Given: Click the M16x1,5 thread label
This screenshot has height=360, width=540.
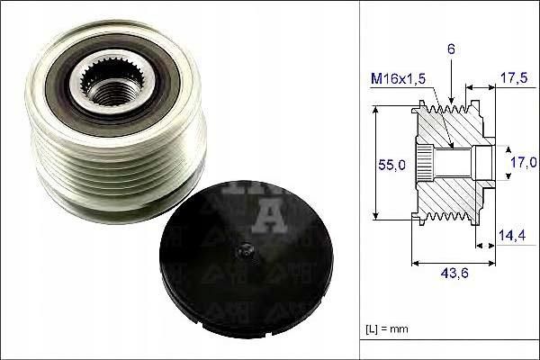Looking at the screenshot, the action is (x=398, y=79).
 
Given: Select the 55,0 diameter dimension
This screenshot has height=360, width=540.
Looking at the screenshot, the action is (x=391, y=165).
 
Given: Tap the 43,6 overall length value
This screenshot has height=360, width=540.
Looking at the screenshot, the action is (x=454, y=274).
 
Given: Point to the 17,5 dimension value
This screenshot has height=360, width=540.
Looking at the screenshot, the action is (x=514, y=78).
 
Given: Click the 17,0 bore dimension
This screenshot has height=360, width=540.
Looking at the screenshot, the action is (x=524, y=162).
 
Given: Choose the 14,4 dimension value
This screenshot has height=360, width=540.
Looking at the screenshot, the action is (x=512, y=235).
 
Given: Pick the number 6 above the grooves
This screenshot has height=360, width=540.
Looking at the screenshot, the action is (x=451, y=49).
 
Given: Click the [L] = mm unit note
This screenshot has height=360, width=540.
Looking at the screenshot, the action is (x=387, y=328).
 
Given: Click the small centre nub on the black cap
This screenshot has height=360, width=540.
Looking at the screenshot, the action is (x=245, y=250).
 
